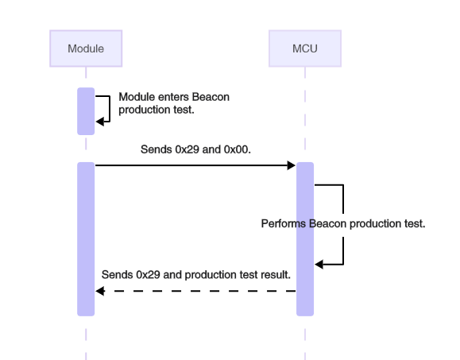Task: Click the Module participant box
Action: [86, 48]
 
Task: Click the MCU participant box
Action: [305, 48]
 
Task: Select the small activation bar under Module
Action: [86, 111]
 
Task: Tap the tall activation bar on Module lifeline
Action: [86, 238]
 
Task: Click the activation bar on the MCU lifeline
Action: [305, 238]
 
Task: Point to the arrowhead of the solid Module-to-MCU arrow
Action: [292, 165]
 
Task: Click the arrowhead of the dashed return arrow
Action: [99, 291]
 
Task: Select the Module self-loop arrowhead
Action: [99, 121]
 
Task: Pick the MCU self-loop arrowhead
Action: [319, 264]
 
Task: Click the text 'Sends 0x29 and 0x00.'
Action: [196, 149]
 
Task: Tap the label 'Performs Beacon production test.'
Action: [343, 224]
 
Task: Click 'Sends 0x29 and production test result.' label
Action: [196, 274]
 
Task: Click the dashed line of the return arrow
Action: [199, 291]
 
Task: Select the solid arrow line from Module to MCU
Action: [191, 165]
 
